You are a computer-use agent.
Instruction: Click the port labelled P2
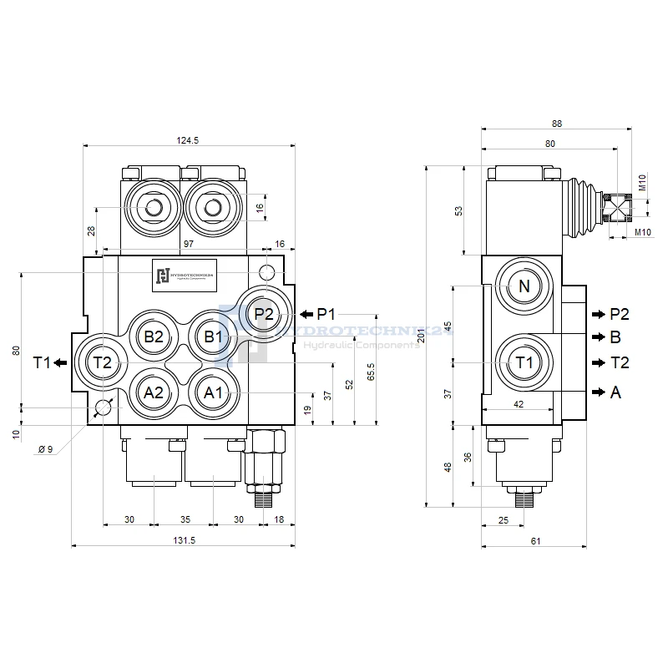264,314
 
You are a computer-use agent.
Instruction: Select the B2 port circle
154,337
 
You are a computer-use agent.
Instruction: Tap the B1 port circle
213,337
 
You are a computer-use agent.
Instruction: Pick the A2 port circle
154,392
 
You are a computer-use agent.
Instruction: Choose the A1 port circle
213,392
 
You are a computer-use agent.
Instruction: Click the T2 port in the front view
102,362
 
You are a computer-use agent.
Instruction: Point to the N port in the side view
524,286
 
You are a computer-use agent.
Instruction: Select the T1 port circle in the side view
524,362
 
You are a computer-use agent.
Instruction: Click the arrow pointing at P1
306,314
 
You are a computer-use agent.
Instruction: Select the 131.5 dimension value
184,540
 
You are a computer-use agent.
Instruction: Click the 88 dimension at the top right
557,124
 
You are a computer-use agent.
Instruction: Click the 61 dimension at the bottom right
535,541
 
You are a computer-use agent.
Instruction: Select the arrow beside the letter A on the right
597,392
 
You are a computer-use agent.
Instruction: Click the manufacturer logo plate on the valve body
183,276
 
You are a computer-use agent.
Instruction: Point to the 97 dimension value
189,242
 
